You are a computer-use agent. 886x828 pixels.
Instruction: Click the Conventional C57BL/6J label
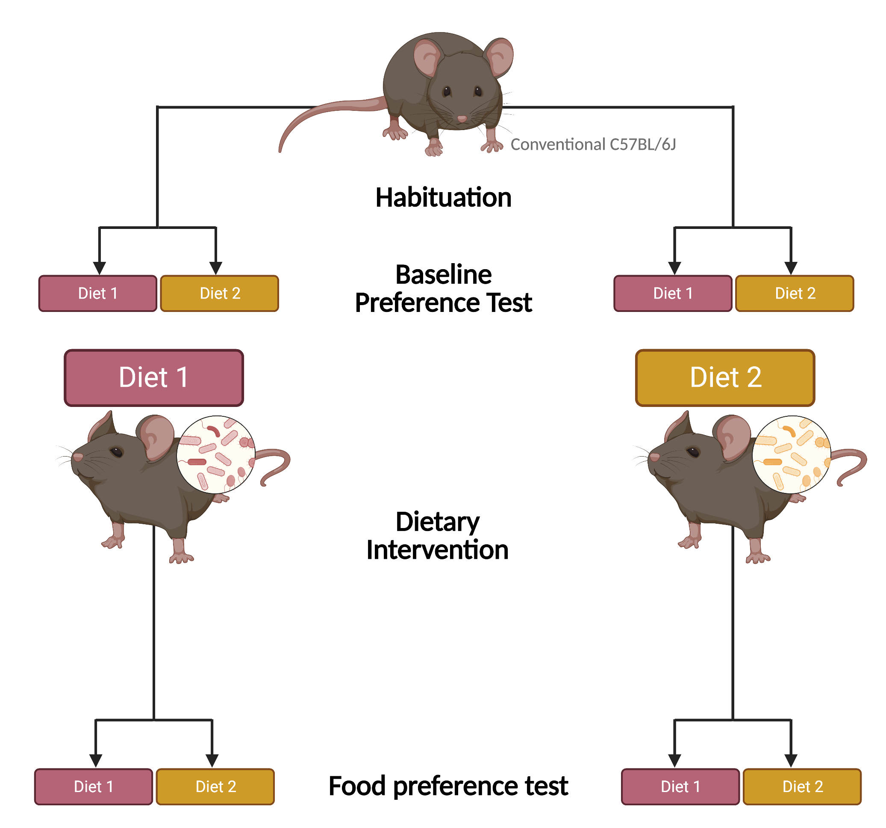click(x=593, y=145)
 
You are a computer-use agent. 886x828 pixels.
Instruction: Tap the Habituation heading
click(x=443, y=198)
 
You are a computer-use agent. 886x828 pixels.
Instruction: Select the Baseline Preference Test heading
click(x=443, y=289)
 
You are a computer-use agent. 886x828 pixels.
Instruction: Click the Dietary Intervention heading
click(x=437, y=536)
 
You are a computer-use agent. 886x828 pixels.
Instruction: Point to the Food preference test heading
click(x=448, y=786)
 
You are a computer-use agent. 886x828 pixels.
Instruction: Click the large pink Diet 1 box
click(x=154, y=378)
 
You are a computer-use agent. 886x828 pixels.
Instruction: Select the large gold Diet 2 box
click(x=725, y=378)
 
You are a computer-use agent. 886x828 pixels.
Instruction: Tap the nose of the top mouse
click(x=462, y=119)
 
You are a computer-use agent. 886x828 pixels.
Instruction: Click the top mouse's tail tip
click(x=280, y=150)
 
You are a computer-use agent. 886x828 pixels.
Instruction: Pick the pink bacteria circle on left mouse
click(x=216, y=454)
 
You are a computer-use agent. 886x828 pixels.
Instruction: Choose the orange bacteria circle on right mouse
click(x=792, y=454)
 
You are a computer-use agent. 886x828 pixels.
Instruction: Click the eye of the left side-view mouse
click(x=117, y=452)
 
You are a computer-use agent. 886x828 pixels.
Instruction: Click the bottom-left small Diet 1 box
click(x=94, y=787)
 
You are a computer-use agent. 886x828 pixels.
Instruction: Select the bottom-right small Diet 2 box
click(x=802, y=787)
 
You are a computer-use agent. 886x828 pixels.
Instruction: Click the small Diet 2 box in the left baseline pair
click(x=220, y=294)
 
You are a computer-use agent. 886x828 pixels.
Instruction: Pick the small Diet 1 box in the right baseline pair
click(x=673, y=294)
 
